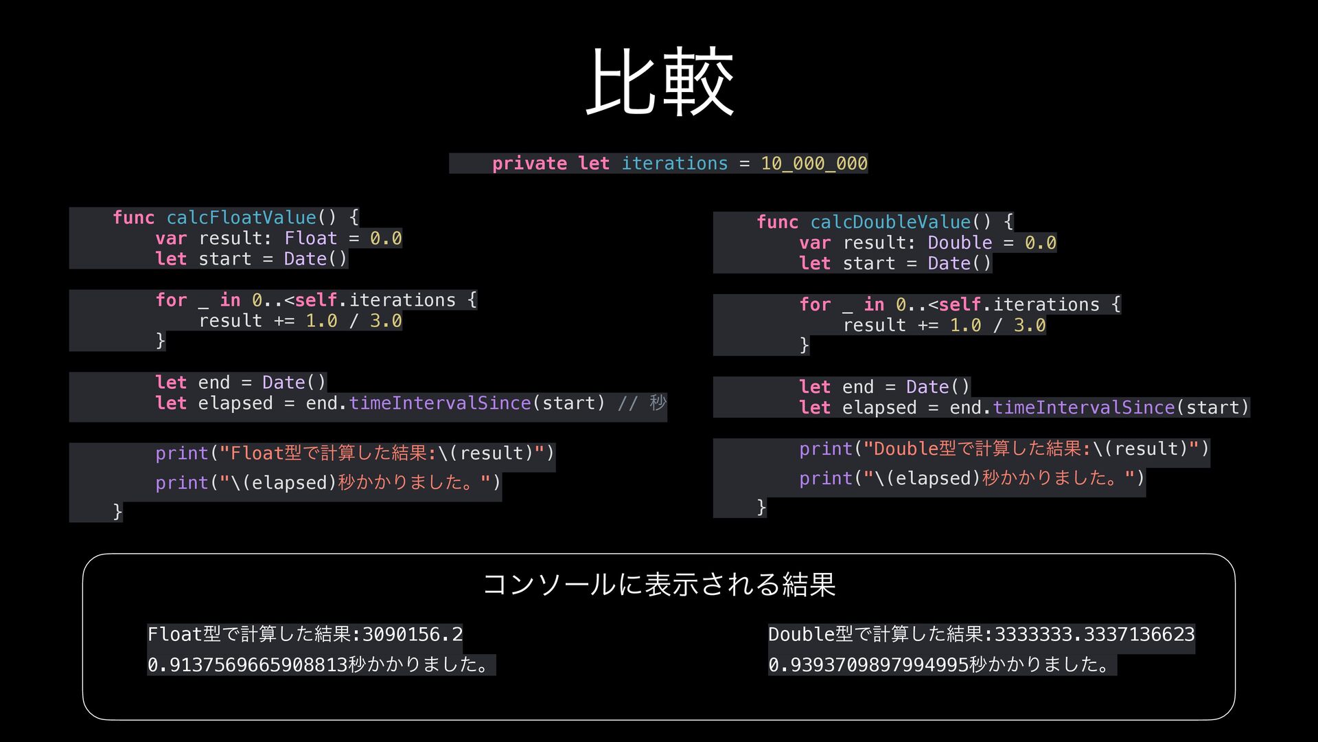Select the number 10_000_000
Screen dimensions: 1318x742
click(x=813, y=164)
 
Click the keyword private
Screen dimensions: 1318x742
click(x=529, y=164)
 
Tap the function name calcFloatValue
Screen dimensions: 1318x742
click(x=241, y=218)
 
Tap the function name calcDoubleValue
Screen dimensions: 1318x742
click(x=890, y=222)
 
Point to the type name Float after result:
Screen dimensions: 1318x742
click(x=310, y=238)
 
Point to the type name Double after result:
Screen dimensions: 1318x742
click(x=960, y=243)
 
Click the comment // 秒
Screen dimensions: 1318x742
click(x=642, y=403)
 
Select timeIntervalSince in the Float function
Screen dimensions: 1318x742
click(x=439, y=403)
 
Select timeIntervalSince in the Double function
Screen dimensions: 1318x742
click(x=1083, y=407)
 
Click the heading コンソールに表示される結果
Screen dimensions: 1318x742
click(x=659, y=585)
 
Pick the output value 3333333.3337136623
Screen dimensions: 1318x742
click(x=1094, y=634)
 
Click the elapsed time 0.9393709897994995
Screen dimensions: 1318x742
click(x=868, y=665)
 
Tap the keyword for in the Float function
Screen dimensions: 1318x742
click(x=171, y=300)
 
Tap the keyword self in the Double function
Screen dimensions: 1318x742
click(x=960, y=304)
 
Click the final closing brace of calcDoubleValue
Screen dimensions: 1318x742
click(x=761, y=507)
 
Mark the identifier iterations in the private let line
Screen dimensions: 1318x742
click(x=674, y=164)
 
